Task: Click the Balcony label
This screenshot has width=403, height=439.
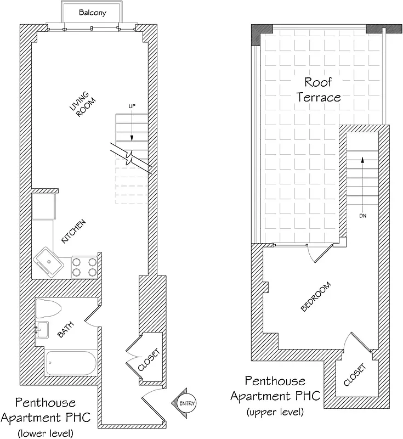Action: (92, 13)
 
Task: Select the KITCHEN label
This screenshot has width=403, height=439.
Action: (73, 232)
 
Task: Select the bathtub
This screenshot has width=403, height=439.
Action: (71, 363)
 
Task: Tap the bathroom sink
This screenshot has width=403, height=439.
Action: (42, 330)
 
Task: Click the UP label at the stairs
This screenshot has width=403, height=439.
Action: (132, 105)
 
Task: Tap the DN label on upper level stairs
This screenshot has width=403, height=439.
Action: (362, 216)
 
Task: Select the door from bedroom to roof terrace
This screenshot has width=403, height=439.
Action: (320, 254)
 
